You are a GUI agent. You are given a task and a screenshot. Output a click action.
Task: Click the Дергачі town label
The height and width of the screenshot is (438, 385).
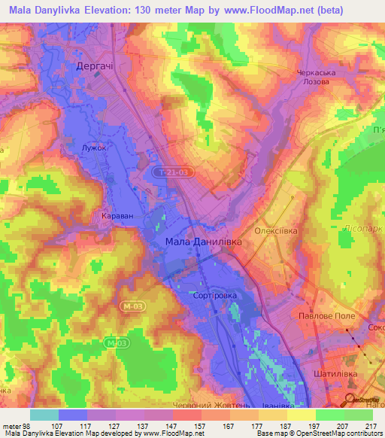point(95,66)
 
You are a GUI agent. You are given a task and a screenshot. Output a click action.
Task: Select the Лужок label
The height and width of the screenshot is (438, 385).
point(95,149)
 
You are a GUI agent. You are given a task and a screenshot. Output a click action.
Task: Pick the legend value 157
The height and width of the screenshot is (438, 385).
point(201,404)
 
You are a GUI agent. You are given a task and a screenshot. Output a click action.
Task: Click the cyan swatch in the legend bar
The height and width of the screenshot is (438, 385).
point(44,415)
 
